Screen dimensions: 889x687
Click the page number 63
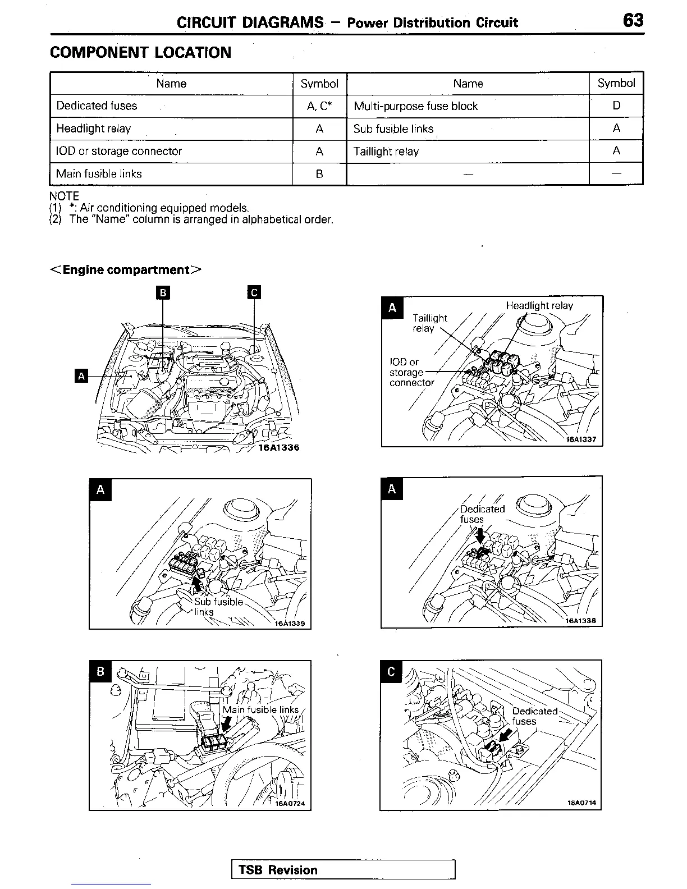tap(633, 21)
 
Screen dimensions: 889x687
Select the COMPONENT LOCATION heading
tap(140, 53)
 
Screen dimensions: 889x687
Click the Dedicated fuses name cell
tap(97, 106)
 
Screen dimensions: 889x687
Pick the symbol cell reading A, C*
tap(319, 106)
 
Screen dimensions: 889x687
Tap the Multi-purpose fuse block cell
tap(415, 106)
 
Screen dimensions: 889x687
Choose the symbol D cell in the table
tap(616, 106)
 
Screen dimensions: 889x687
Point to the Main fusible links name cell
tap(99, 174)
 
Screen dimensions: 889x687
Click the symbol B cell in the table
tap(319, 174)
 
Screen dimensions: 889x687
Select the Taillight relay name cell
tap(386, 152)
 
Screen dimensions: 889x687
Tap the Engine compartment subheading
tap(126, 270)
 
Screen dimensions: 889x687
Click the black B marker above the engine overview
tap(163, 292)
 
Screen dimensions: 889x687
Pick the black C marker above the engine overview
tap(254, 292)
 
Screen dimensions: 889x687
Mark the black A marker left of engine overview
tap(81, 376)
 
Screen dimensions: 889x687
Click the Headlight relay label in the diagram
tap(539, 306)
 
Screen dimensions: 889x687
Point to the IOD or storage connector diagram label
tap(411, 373)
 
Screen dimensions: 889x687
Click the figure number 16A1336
tap(278, 448)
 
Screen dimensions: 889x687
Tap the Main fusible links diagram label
tap(260, 710)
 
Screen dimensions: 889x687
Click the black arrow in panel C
tap(504, 737)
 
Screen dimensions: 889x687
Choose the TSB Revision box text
tap(278, 870)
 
